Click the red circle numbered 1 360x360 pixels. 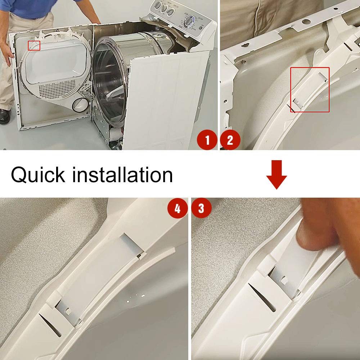coord(207,140)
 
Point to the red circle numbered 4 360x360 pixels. coord(177,209)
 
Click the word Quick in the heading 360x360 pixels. coord(38,175)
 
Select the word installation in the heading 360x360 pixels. coord(122,175)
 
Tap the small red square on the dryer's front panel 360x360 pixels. coord(34,45)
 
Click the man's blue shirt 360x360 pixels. coord(29,7)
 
